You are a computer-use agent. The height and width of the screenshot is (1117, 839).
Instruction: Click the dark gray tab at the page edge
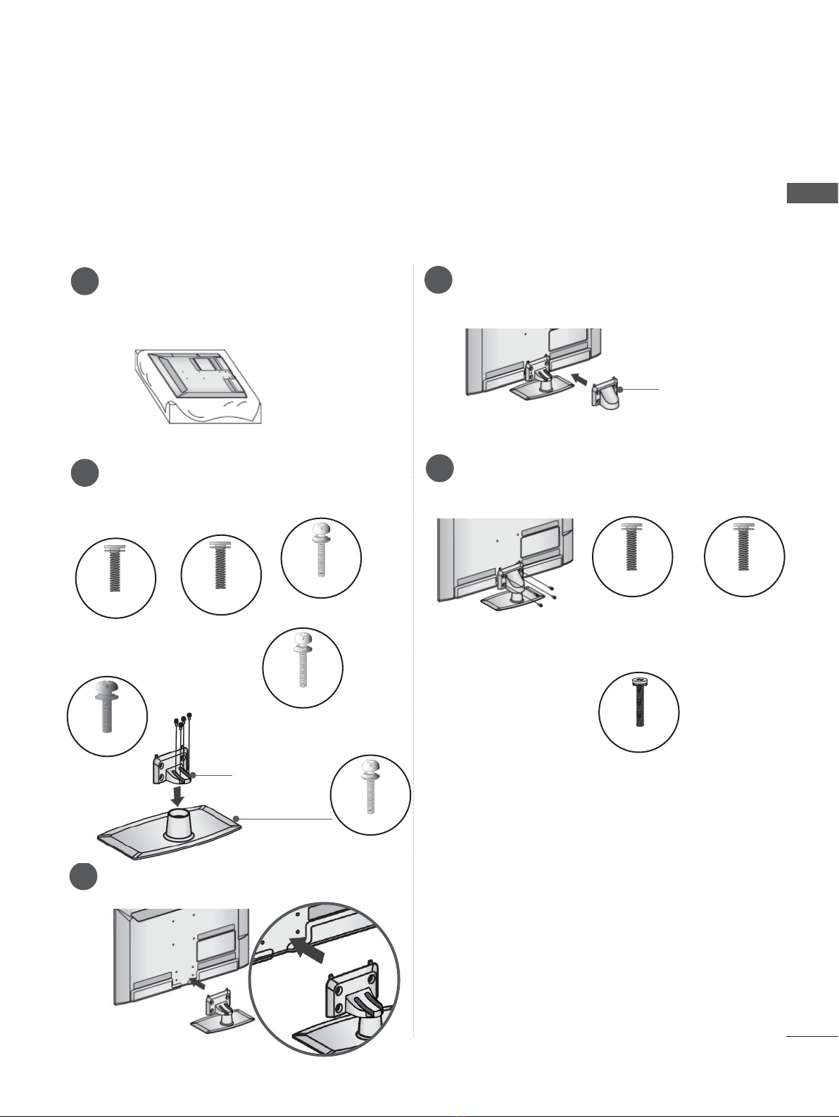[812, 193]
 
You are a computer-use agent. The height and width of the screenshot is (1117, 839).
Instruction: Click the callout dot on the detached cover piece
[622, 389]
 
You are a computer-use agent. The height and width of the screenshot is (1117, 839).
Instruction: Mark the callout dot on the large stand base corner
[236, 819]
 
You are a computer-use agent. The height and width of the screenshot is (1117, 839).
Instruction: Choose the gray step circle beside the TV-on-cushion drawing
[84, 281]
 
